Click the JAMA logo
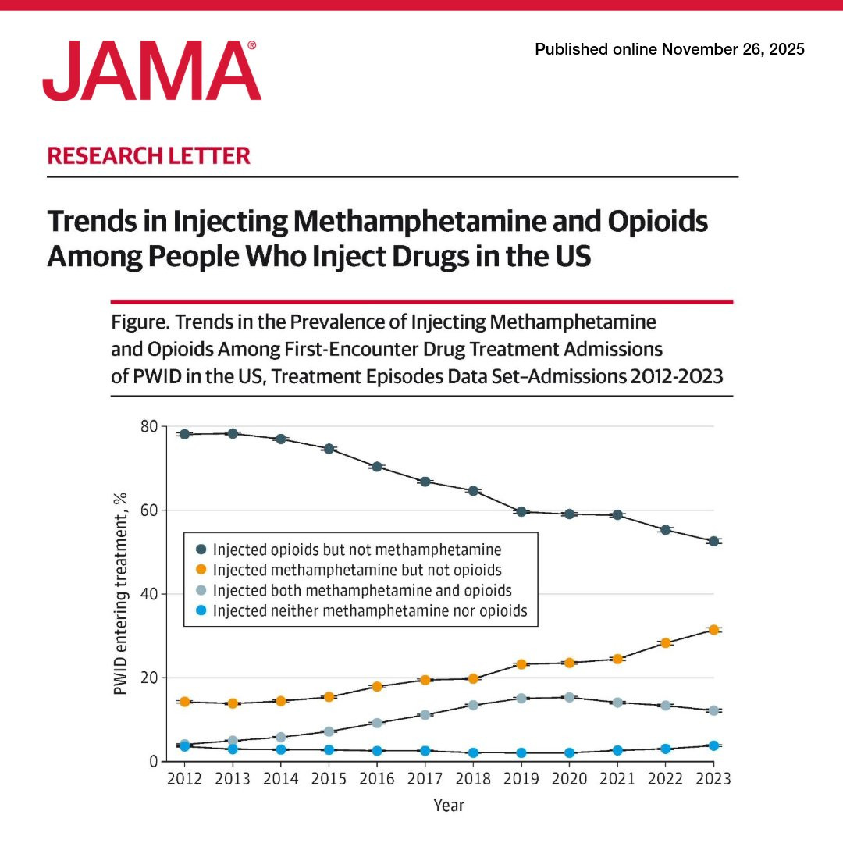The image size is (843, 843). point(151,71)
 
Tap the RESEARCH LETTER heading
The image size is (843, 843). point(149,155)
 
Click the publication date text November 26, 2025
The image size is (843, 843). point(733,49)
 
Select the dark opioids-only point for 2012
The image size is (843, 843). point(184,434)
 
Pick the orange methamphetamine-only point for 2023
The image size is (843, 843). point(713,629)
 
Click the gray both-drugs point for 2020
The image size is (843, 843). point(569,697)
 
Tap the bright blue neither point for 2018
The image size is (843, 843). point(473,752)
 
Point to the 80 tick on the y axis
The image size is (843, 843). point(148,427)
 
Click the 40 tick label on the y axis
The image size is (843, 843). point(148,594)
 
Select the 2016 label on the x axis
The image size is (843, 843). point(377,779)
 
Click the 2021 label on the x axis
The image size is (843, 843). point(617,779)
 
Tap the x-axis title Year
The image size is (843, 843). point(449,805)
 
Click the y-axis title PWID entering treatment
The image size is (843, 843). point(120,593)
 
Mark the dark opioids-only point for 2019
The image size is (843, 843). point(521,512)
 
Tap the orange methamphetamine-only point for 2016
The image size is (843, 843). point(377,687)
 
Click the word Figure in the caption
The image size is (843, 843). point(137,322)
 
